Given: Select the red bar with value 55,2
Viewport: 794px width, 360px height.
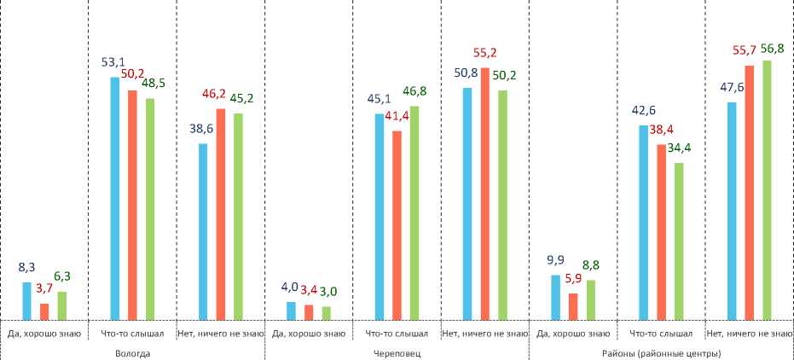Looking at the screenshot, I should pos(484,193).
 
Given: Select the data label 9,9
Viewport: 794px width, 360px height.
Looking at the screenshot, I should pos(554,259).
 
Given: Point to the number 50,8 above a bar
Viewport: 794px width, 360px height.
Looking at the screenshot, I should pos(466,73).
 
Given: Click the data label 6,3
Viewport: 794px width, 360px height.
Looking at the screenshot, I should pos(61,276).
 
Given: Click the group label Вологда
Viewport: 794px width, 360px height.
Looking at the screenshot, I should pos(132,353).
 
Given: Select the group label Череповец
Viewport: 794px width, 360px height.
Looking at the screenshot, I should pos(397,353).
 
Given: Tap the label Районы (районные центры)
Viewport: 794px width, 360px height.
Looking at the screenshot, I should pos(661,353).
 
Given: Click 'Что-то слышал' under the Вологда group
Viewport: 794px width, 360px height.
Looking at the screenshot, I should pos(132,334).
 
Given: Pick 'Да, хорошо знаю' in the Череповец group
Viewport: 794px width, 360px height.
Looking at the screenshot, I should pos(309,334).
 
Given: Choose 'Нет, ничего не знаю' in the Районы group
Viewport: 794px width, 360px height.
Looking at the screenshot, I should pos(750,334).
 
